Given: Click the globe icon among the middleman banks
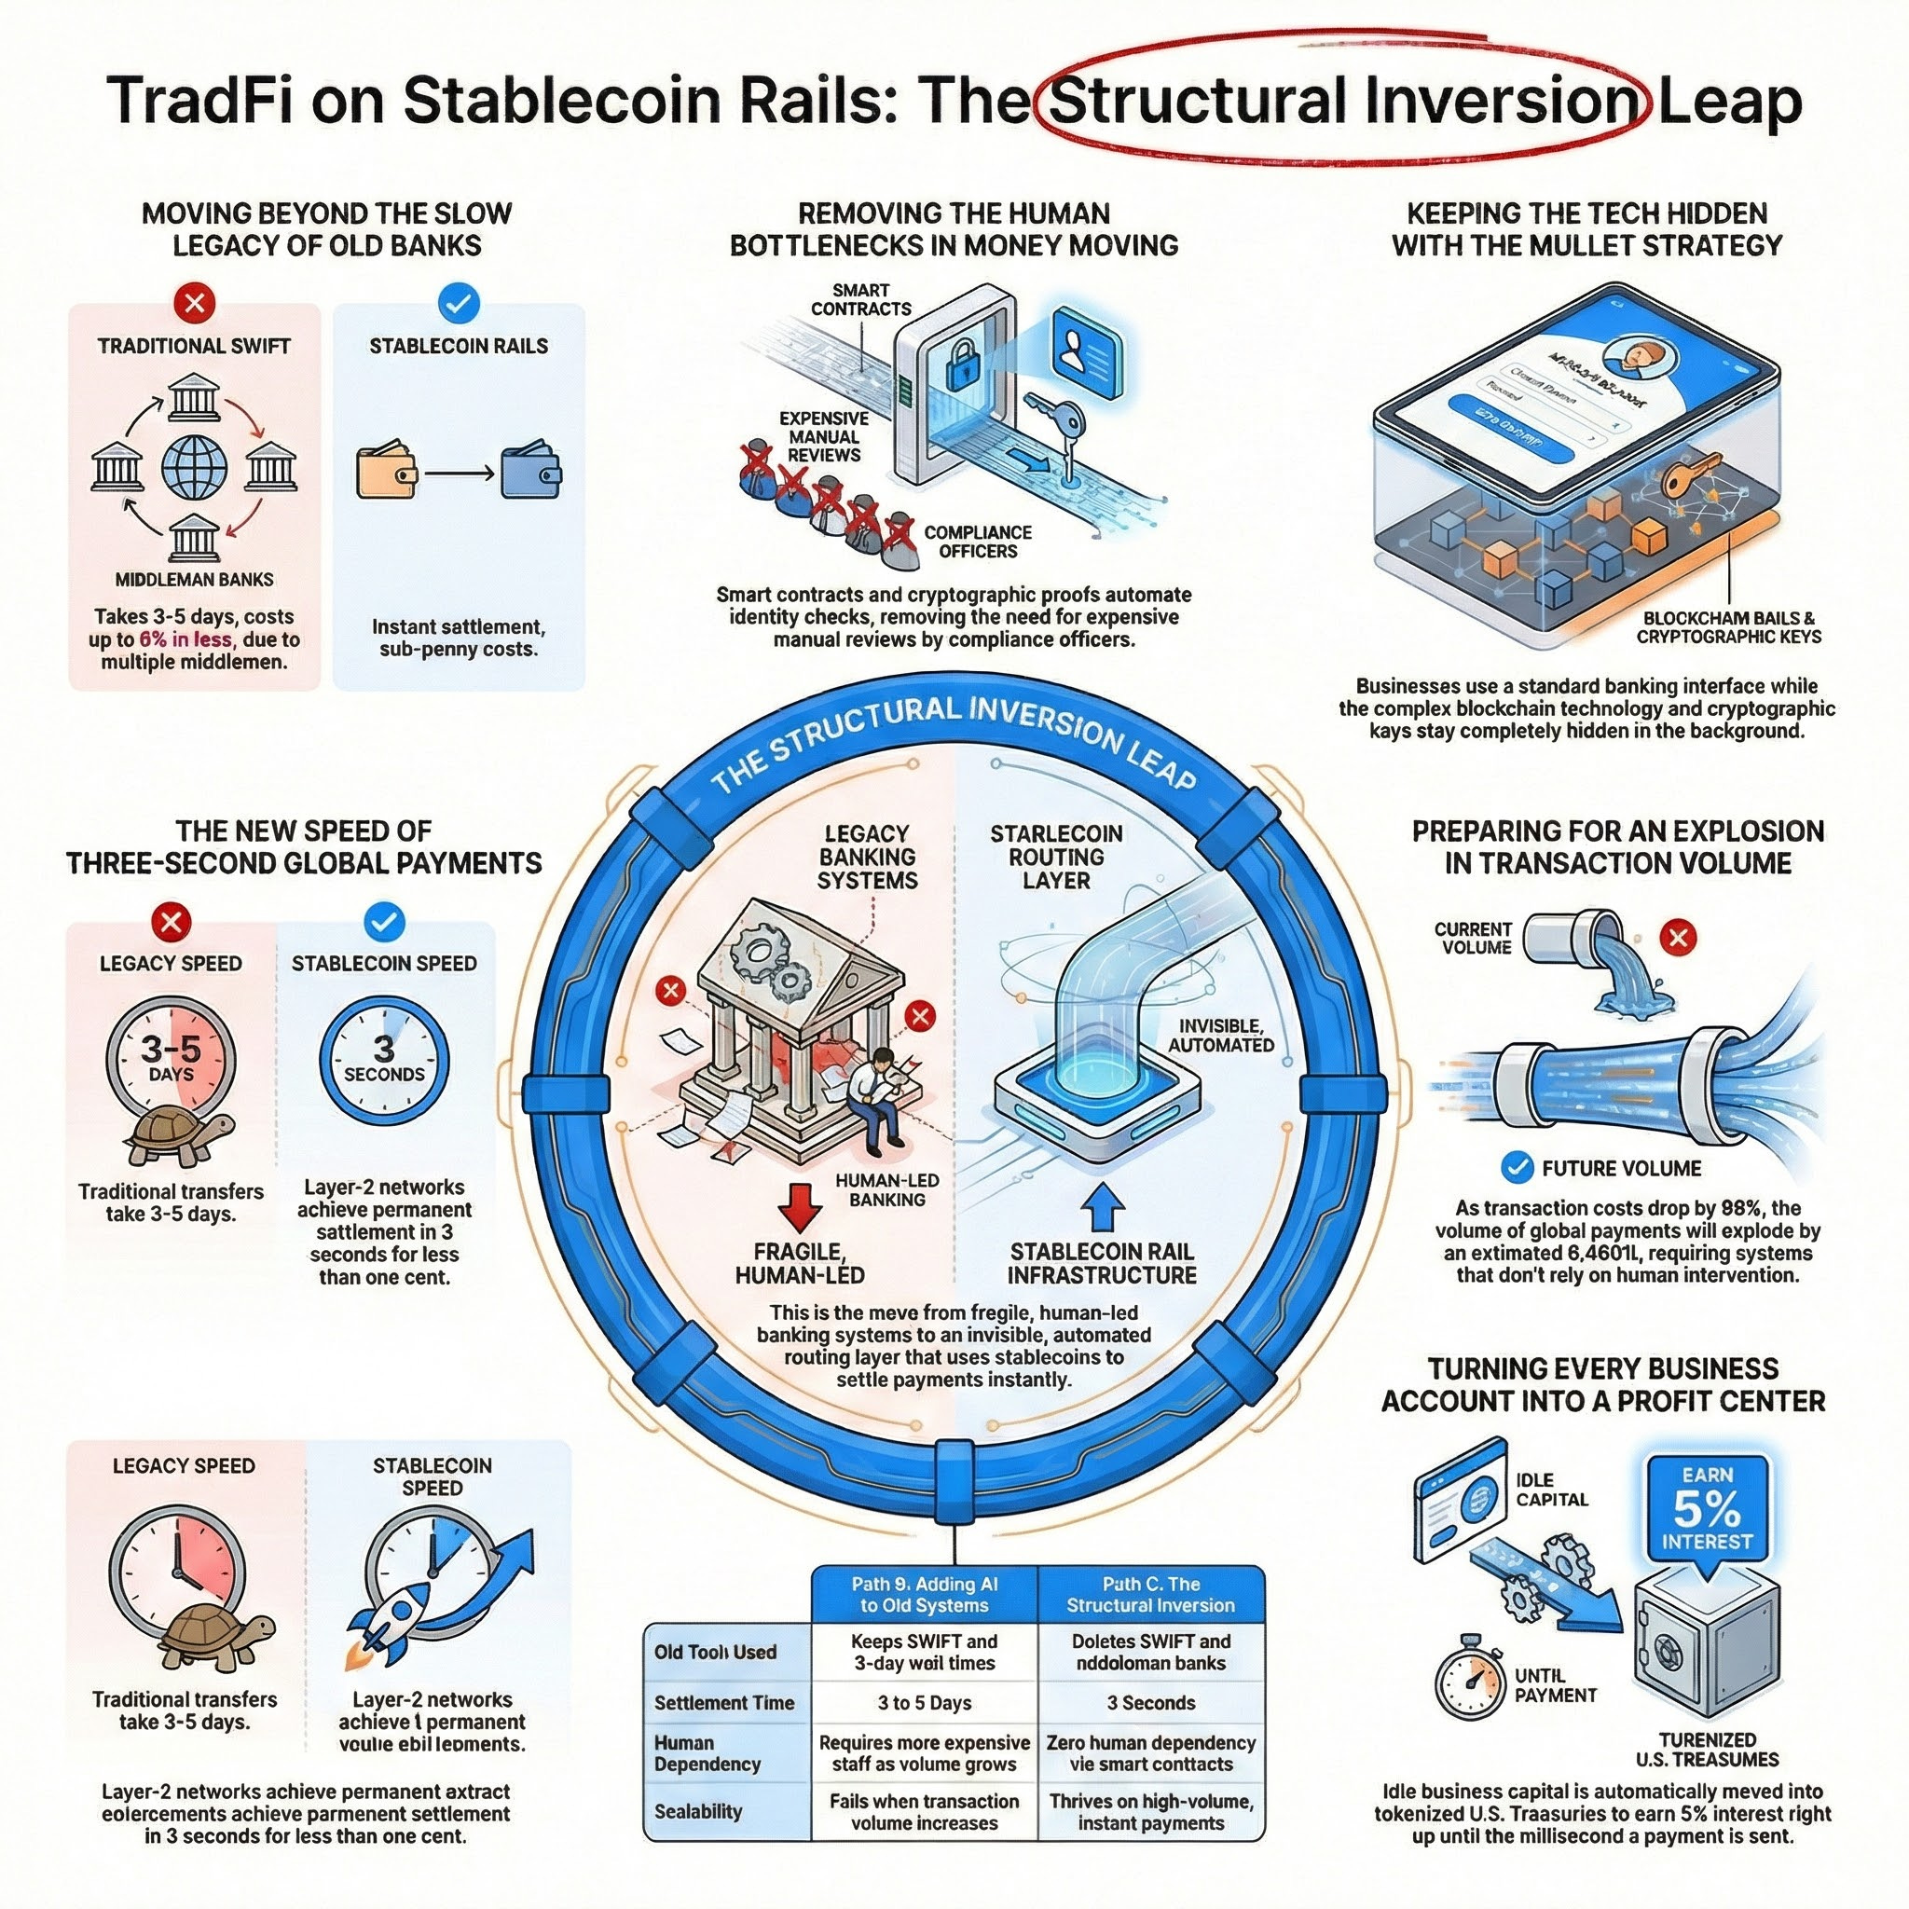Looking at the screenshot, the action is click(x=194, y=467).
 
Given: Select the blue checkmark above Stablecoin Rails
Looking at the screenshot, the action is click(x=458, y=302).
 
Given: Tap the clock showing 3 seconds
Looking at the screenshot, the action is click(x=383, y=1060).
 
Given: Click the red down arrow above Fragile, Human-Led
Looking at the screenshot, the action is click(x=799, y=1207).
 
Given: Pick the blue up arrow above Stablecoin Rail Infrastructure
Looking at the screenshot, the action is click(x=1103, y=1207).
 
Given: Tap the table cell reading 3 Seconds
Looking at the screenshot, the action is click(x=1151, y=1702).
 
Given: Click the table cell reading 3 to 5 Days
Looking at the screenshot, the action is click(x=924, y=1702).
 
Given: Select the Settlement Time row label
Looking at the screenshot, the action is click(x=724, y=1702).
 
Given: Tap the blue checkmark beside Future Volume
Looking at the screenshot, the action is click(x=1516, y=1167).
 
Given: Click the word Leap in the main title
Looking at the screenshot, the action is click(x=1729, y=101).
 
